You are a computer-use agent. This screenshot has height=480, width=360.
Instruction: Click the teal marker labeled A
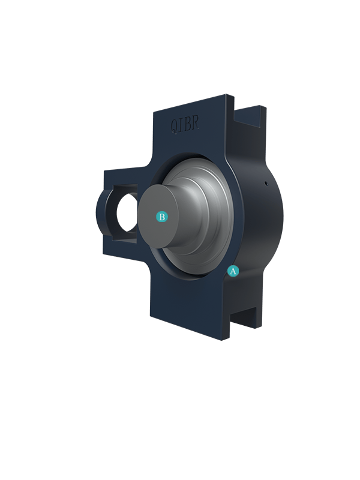click(233, 271)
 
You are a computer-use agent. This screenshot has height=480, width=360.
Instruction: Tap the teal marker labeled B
click(162, 217)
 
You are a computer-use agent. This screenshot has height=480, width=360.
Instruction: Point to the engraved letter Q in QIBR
click(174, 127)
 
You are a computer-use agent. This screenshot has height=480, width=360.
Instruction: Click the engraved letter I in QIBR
click(181, 125)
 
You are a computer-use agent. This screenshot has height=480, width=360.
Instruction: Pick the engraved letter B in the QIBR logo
click(188, 124)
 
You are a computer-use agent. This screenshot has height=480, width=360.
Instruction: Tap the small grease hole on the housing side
click(266, 184)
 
